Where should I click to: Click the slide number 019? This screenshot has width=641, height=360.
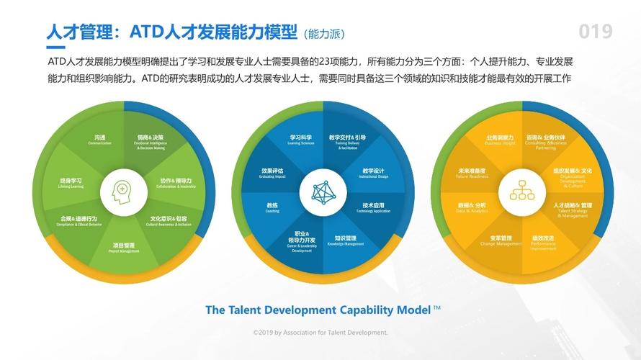point(596,32)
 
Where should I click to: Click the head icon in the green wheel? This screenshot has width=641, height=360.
point(123,190)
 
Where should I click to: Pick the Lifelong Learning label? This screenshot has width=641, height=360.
point(71,182)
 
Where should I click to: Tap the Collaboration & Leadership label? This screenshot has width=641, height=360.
point(176,182)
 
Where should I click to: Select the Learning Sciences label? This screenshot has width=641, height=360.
point(301,139)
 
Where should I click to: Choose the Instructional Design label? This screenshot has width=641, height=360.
point(373,173)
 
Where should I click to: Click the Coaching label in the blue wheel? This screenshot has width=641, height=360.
point(272,207)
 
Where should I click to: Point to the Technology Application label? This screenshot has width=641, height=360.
point(372,207)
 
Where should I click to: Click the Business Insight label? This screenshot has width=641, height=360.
point(499,139)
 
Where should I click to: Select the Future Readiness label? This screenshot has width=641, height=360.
point(472,173)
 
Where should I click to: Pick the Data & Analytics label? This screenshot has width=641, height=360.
point(472,207)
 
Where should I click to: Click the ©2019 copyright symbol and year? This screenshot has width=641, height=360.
point(263,333)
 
